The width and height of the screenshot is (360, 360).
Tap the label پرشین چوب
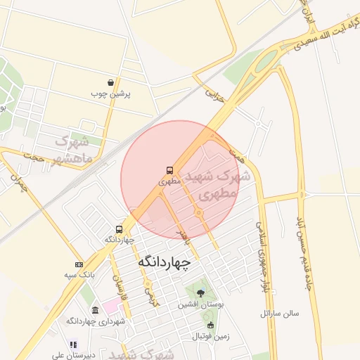[111, 94]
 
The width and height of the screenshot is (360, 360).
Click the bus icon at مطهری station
[169, 170]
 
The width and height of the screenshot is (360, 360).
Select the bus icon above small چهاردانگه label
[119, 229]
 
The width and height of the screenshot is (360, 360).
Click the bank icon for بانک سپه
[79, 264]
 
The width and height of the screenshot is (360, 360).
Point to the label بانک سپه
[79, 275]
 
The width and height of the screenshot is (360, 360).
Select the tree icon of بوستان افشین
[200, 293]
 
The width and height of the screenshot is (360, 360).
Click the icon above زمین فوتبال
[210, 325]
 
